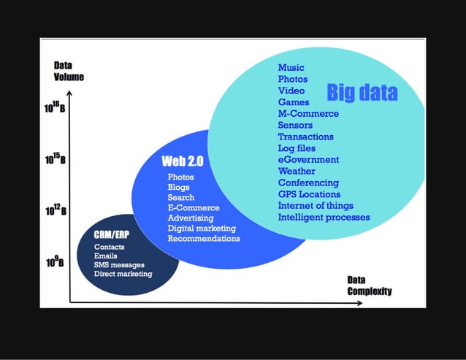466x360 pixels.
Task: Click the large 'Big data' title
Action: click(362, 93)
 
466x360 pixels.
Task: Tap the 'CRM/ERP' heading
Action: click(112, 234)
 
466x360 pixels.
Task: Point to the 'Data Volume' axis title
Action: click(68, 72)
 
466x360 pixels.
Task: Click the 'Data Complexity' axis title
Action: click(369, 286)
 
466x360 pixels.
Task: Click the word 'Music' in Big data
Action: click(291, 68)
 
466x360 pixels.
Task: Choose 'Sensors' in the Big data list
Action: click(295, 126)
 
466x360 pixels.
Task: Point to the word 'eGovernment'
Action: click(308, 160)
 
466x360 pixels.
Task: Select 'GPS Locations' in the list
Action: click(309, 194)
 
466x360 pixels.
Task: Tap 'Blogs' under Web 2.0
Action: click(178, 188)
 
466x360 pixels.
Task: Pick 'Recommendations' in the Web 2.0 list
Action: click(204, 239)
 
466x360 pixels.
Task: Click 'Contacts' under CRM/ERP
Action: click(109, 248)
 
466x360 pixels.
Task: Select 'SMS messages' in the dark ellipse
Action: click(119, 265)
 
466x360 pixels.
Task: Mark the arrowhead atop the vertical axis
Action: click(69, 94)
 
